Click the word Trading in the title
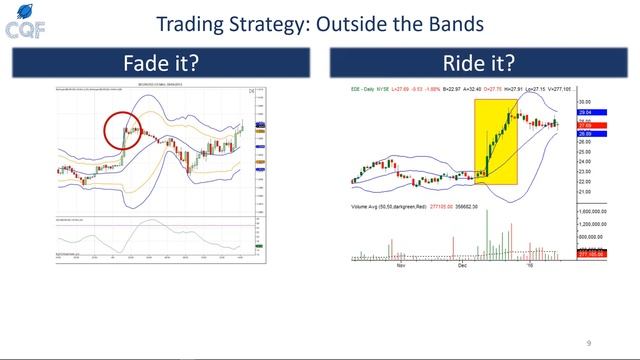189,23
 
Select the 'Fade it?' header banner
160,63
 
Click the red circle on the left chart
124,130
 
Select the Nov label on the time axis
402,266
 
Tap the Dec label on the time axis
462,266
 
